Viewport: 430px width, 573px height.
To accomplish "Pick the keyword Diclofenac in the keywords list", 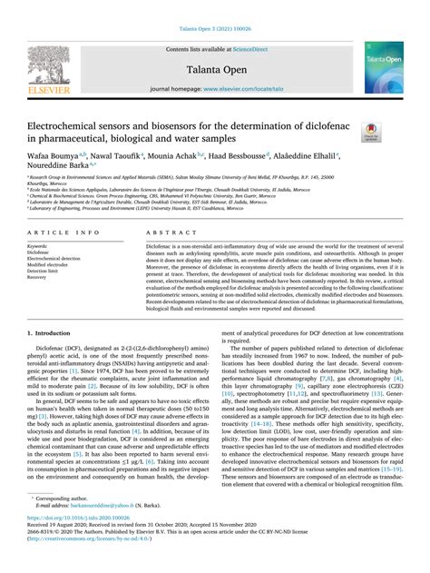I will [39, 252].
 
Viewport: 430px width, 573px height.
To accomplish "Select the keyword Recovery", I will [38, 277].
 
